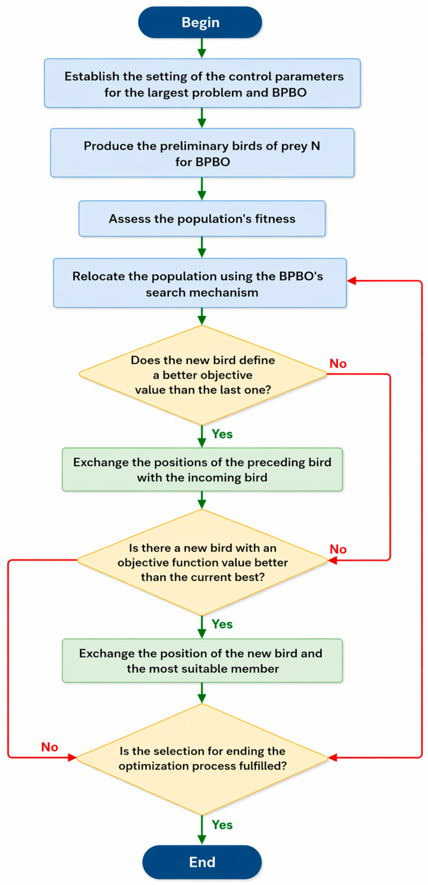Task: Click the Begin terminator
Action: tap(200, 22)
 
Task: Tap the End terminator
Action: tap(202, 862)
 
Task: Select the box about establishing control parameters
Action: tap(202, 83)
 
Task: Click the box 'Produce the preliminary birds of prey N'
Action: tap(202, 153)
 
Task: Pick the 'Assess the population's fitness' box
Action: tap(202, 219)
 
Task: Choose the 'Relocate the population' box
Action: tap(200, 283)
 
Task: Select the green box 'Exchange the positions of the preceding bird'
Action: tap(202, 469)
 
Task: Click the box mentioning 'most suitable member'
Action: tap(202, 660)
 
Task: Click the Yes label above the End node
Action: tap(222, 825)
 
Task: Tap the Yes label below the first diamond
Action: tap(222, 434)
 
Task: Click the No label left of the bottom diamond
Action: tap(49, 747)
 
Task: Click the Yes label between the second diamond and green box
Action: tap(222, 624)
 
